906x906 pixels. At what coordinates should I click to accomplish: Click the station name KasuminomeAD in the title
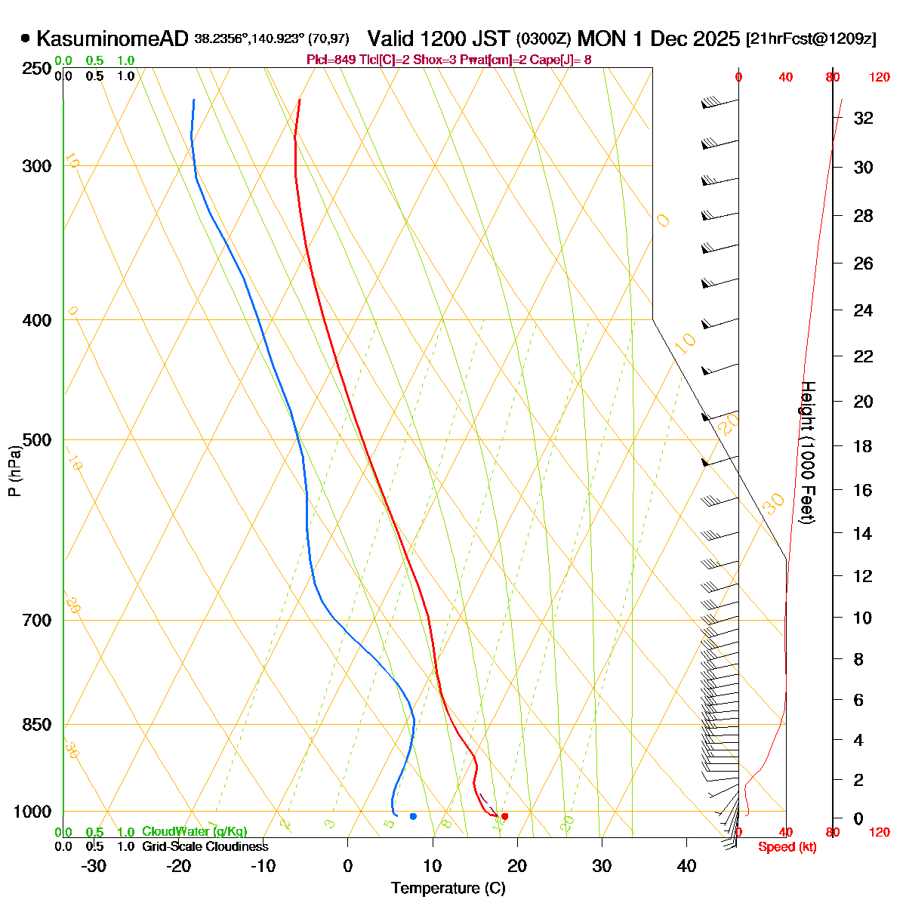[112, 39]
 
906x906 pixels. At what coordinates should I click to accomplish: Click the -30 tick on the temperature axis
[94, 866]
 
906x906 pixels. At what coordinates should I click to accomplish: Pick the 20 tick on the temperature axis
[517, 866]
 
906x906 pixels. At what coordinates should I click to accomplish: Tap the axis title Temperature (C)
[448, 888]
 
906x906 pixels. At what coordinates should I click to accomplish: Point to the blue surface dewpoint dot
[413, 816]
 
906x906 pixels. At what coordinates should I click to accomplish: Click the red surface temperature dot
[504, 816]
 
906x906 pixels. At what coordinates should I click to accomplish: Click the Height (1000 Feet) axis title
[807, 452]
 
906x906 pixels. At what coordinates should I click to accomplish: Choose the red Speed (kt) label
[787, 847]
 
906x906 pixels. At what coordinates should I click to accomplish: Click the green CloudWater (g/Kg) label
[194, 832]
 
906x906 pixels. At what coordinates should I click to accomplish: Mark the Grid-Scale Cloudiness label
[205, 847]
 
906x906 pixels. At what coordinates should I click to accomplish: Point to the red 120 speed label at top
[880, 77]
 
